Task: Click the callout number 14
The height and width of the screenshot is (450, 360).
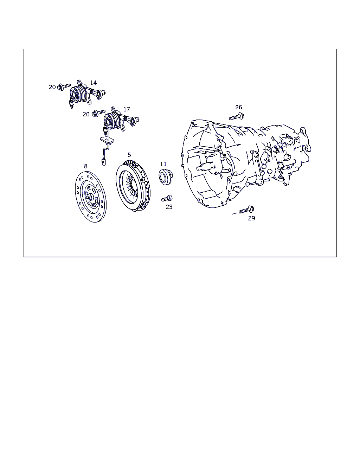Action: pos(93,83)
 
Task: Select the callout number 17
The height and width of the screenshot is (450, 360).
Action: pos(127,109)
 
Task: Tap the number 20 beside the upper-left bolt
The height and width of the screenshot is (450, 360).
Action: pos(52,87)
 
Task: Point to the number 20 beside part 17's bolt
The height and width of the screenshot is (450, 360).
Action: pos(86,114)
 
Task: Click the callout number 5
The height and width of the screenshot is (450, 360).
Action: pos(129,155)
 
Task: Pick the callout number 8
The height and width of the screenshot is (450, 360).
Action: pos(86,166)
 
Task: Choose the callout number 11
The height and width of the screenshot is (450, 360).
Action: pos(163,164)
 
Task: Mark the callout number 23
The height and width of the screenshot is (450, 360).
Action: pos(169,207)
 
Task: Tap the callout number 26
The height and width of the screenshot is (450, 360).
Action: pos(238,107)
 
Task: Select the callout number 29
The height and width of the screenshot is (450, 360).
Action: pos(251,218)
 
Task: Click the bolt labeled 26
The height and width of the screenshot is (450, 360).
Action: pos(237,116)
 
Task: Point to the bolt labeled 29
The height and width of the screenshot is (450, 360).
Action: pos(247,210)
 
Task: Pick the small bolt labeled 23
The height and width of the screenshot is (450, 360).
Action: pos(167,198)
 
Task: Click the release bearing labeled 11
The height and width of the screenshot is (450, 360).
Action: pos(166,177)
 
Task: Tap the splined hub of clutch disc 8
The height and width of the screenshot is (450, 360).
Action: pos(90,197)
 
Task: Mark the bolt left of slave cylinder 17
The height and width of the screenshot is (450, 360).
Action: pos(99,113)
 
